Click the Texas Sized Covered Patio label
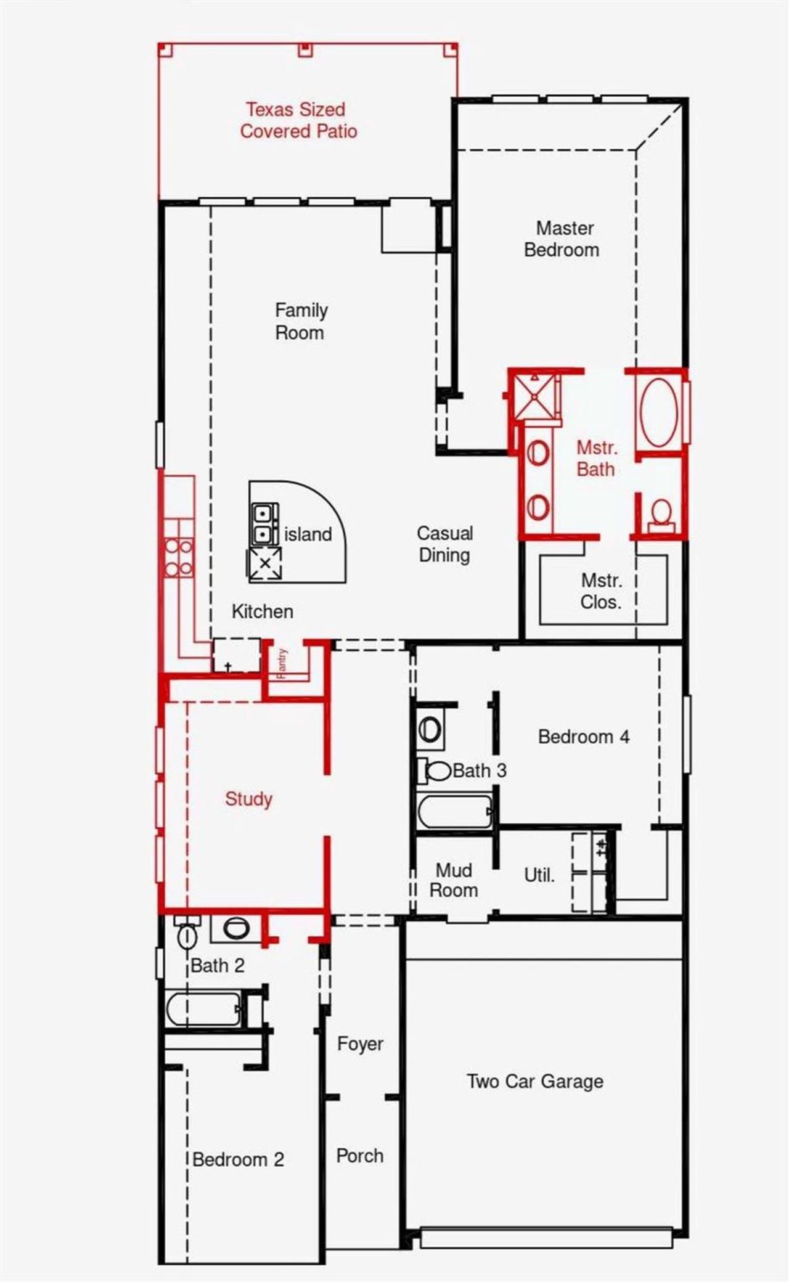coord(298,120)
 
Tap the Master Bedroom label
coord(562,239)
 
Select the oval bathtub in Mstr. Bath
coord(659,412)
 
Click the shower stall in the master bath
coord(534,396)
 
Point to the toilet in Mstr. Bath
coord(661,513)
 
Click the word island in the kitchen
coord(308,534)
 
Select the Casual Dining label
coord(444,544)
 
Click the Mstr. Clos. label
coord(601,591)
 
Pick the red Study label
coord(248,799)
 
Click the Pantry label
coord(282,663)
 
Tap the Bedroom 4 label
coord(583,737)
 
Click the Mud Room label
coord(454,880)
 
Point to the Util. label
coord(539,875)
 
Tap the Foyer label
coord(360,1044)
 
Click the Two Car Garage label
coord(534,1081)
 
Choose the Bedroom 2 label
coord(238,1159)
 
